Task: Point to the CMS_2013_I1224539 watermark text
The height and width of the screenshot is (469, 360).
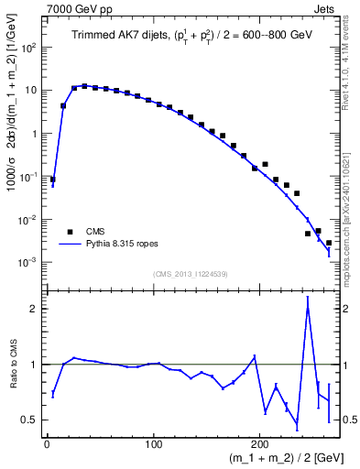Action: [x=191, y=272]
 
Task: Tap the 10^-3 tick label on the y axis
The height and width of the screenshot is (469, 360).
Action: [x=30, y=262]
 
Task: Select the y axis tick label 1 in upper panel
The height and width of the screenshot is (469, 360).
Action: [x=35, y=134]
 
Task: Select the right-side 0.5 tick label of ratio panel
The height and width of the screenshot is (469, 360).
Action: [x=348, y=420]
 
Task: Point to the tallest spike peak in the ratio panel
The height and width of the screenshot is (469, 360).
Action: [x=308, y=298]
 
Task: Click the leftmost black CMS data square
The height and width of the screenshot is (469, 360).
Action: [x=52, y=180]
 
